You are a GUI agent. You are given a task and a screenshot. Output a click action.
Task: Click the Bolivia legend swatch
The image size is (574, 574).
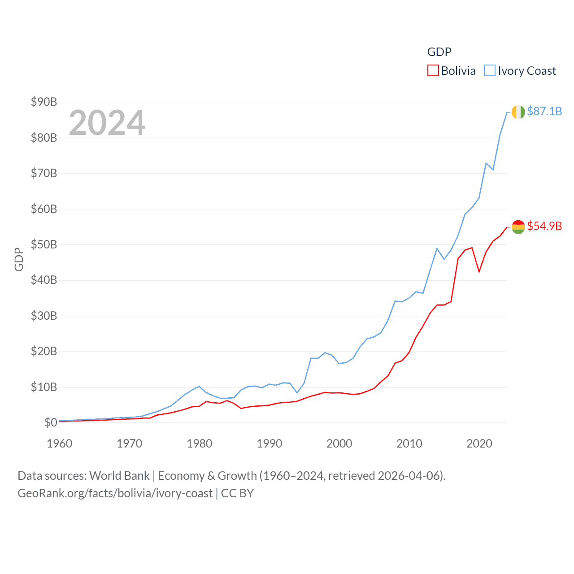pyautogui.click(x=433, y=71)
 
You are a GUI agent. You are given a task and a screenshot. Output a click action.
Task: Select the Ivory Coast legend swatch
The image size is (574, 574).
pyautogui.click(x=490, y=71)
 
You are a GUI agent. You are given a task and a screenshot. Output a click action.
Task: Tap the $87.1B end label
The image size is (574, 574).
pyautogui.click(x=544, y=111)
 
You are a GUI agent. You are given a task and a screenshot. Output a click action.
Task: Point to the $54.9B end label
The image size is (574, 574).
pyautogui.click(x=544, y=226)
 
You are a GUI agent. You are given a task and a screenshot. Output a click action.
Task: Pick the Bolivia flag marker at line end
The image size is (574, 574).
pyautogui.click(x=518, y=227)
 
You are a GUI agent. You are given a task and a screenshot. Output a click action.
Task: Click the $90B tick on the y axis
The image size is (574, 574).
pyautogui.click(x=44, y=102)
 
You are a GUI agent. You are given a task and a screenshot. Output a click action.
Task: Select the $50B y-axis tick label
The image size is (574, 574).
pyautogui.click(x=44, y=244)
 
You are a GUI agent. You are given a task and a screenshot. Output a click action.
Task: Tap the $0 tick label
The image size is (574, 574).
pyautogui.click(x=51, y=422)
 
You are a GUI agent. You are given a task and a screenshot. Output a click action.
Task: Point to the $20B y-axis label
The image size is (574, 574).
pyautogui.click(x=44, y=351)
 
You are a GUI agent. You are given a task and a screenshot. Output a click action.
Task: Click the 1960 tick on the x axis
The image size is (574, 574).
pyautogui.click(x=60, y=444)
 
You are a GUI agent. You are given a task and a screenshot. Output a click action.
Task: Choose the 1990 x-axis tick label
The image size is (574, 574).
pyautogui.click(x=270, y=444)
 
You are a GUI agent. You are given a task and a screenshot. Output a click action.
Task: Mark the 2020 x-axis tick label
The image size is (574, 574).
pyautogui.click(x=479, y=444)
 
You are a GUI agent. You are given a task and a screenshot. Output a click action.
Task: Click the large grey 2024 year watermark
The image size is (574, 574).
pyautogui.click(x=107, y=122)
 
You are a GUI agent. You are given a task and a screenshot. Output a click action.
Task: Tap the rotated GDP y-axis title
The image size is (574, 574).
pyautogui.click(x=19, y=259)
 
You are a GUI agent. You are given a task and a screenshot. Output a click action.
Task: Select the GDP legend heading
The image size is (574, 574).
pyautogui.click(x=439, y=52)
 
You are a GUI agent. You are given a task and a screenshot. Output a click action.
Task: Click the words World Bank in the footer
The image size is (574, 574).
pyautogui.click(x=119, y=475)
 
